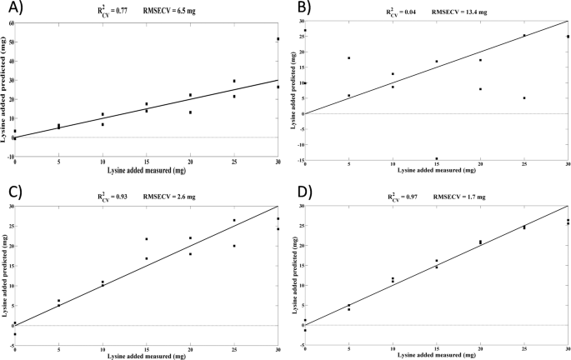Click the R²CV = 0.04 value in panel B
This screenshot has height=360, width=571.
pyautogui.click(x=408, y=13)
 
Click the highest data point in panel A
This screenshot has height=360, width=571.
pyautogui.click(x=278, y=39)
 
